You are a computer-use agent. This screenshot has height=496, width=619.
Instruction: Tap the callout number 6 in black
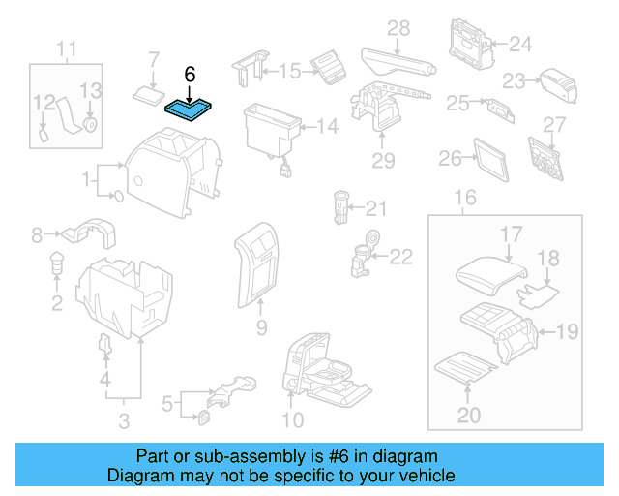[x=190, y=74]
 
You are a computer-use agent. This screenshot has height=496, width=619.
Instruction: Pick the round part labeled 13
[x=91, y=124]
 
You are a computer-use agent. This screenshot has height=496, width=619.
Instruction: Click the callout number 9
[x=261, y=329]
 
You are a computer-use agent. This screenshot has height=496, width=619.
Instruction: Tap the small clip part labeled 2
[x=56, y=262]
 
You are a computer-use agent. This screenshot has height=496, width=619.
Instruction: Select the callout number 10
[x=292, y=419]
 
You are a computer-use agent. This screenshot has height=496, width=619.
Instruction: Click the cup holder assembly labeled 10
[x=324, y=373]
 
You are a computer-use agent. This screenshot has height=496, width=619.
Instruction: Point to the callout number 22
[x=400, y=256]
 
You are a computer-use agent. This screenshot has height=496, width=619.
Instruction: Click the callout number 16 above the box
[x=465, y=199]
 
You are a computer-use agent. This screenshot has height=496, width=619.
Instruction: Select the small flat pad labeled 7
[x=147, y=93]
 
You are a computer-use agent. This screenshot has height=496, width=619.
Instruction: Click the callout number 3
[x=124, y=420]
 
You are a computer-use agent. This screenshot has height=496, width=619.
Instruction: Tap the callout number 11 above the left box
[x=66, y=48]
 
